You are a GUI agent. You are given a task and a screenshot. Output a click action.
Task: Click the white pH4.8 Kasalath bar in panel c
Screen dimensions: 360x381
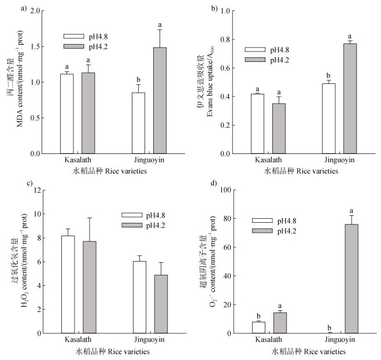(68, 284)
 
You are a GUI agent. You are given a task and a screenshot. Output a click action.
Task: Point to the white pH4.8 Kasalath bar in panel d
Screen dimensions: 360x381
(258, 327)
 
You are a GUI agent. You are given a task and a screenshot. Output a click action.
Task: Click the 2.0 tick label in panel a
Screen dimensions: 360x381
(35, 11)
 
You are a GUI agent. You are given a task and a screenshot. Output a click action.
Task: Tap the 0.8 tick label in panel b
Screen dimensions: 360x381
(228, 39)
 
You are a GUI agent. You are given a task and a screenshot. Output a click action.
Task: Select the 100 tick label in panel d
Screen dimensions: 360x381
(226, 190)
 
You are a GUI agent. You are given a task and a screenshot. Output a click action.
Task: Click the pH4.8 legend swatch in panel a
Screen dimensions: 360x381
(72, 36)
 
